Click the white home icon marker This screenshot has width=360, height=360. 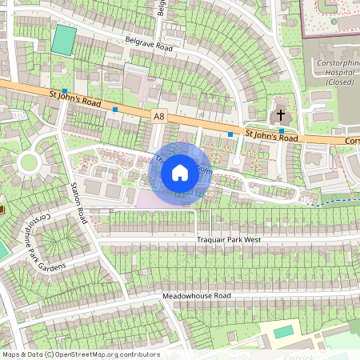(x=180, y=173)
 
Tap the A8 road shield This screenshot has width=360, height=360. (x=159, y=116)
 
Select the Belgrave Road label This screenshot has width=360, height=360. (x=149, y=44)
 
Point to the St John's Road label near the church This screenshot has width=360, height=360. (x=271, y=137)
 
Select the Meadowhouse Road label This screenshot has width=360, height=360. (x=196, y=296)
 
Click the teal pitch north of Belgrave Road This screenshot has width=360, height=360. (x=63, y=40)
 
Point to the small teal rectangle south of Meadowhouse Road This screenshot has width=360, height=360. (x=283, y=331)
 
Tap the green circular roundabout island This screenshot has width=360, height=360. (x=29, y=163)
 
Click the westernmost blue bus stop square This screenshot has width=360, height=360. (x=64, y=92)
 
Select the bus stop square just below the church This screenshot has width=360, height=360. (x=282, y=130)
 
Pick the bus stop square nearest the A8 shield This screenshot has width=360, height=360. (x=115, y=109)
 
